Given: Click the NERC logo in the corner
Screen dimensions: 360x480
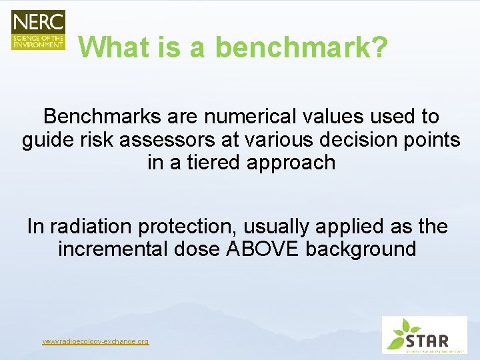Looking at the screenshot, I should [38, 30].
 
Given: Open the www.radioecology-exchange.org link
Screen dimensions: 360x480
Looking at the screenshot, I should [95, 341].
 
